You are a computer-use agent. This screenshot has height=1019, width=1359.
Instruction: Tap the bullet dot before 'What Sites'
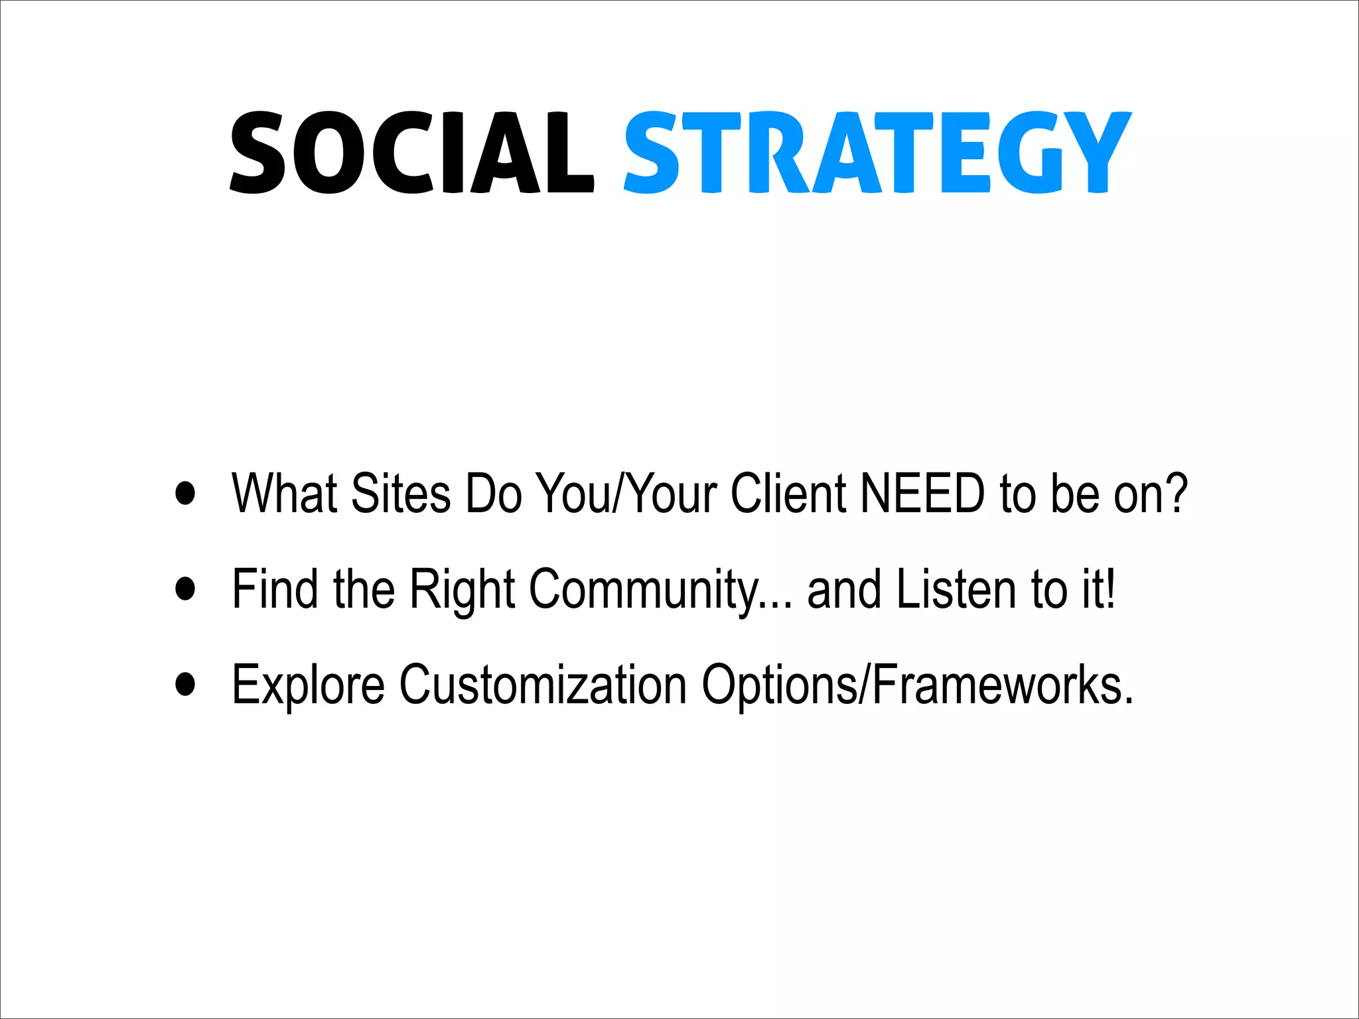click(186, 493)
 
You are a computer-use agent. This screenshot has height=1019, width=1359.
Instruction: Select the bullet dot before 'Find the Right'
click(186, 588)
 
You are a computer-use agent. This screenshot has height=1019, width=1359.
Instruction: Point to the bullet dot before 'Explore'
click(186, 684)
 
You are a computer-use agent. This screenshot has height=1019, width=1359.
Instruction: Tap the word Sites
click(401, 494)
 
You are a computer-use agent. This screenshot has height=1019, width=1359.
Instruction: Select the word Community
click(644, 589)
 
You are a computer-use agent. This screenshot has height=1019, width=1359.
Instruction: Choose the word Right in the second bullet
click(463, 589)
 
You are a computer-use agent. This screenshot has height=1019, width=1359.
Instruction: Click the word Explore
click(308, 685)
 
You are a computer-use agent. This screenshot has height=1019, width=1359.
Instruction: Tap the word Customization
click(542, 685)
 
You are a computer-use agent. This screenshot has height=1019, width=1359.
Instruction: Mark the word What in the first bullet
click(285, 494)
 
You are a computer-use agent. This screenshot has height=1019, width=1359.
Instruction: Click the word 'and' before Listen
click(844, 589)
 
